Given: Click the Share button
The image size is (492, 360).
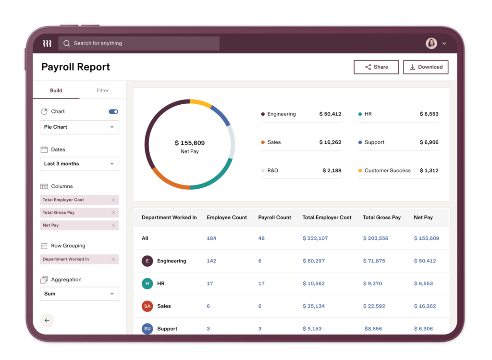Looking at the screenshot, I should click(x=376, y=67).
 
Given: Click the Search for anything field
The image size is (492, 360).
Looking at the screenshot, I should click(x=139, y=43).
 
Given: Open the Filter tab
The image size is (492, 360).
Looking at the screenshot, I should click(x=102, y=90).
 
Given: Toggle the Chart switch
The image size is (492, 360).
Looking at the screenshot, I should click(x=113, y=112).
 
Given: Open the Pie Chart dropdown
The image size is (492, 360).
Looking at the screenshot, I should click(x=79, y=127).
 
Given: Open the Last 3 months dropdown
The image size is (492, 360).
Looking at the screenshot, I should click(x=79, y=164).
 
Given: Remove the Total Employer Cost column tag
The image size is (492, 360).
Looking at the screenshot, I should click(x=113, y=200).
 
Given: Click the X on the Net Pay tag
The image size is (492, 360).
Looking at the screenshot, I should click(x=113, y=225).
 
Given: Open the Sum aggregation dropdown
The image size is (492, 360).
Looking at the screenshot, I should click(x=79, y=294).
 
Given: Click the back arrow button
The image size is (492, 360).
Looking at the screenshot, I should click(x=47, y=320).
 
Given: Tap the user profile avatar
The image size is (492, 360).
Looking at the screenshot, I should click(x=431, y=43).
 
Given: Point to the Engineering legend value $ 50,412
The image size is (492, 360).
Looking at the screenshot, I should click(x=330, y=114).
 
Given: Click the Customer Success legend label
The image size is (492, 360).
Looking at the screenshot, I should click(x=387, y=171).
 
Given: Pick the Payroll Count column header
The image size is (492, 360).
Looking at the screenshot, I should click(x=274, y=218).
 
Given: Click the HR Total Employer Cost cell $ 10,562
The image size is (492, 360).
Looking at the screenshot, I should click(x=313, y=284).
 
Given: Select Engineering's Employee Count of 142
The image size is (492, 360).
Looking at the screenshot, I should click(x=211, y=261).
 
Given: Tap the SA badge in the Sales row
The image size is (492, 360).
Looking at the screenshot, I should click(x=148, y=306).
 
